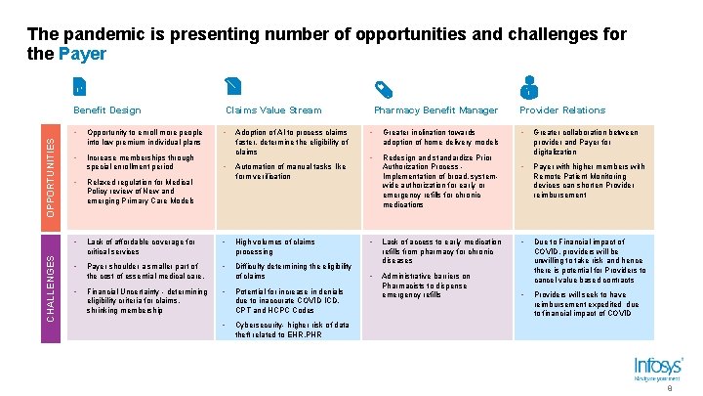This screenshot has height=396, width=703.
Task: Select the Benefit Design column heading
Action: point(107,110)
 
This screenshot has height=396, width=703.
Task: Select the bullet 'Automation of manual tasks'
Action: point(291,171)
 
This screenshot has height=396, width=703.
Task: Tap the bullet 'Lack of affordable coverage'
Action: point(142,245)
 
